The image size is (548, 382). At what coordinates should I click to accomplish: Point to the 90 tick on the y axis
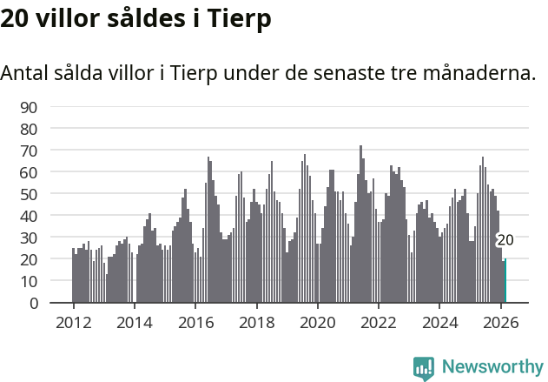point(29,107)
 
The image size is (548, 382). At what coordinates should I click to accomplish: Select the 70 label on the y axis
point(29,151)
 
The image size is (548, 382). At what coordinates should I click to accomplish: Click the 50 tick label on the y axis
point(29,194)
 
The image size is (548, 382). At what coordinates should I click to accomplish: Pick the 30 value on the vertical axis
point(29,238)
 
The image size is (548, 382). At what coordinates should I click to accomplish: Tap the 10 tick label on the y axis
point(29,281)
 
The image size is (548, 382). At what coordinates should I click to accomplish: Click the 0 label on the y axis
point(33,303)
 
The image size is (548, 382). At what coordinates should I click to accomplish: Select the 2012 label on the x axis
point(73,321)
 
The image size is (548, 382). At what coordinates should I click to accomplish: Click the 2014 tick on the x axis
point(134,321)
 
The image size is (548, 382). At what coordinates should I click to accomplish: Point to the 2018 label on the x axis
point(256,321)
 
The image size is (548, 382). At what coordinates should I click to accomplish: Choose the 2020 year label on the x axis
point(317,321)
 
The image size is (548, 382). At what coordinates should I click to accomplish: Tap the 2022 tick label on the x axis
point(379,321)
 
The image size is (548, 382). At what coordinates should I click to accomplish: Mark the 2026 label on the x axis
point(500,321)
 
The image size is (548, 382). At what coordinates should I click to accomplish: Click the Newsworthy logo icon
point(424,367)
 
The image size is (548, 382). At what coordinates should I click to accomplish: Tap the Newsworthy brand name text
point(492,367)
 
